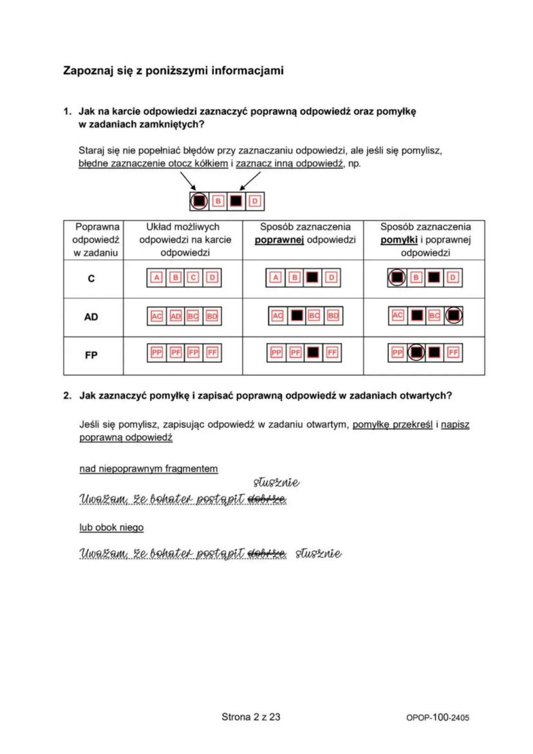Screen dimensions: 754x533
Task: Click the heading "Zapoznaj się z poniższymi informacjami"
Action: click(x=173, y=70)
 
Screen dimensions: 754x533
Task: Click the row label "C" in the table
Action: click(x=91, y=279)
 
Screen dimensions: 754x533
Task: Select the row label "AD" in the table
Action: click(x=91, y=317)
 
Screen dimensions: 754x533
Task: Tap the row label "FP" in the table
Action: click(x=91, y=354)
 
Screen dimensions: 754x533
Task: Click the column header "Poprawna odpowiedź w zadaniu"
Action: click(x=93, y=240)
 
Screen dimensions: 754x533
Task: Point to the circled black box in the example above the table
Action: click(x=200, y=202)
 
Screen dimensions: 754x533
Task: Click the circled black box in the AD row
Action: click(x=453, y=316)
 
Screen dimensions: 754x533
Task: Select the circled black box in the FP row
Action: click(x=416, y=353)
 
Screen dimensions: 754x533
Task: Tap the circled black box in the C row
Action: click(x=398, y=278)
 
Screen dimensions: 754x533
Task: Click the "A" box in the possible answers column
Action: click(x=156, y=278)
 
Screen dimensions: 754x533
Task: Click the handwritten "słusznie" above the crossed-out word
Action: click(x=276, y=482)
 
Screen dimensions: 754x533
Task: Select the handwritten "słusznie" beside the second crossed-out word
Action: click(x=318, y=554)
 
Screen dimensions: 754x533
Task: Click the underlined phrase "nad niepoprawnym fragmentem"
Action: click(x=148, y=469)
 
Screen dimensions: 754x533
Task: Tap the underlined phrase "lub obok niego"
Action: click(x=111, y=527)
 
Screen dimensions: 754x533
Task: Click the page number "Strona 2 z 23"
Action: click(x=250, y=716)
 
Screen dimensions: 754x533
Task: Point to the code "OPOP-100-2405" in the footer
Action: click(x=438, y=717)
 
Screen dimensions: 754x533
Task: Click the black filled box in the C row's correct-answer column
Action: click(x=313, y=278)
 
